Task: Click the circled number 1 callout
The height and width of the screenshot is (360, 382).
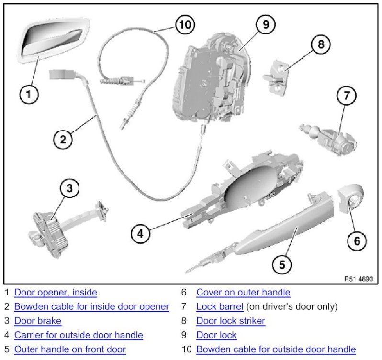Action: [x=29, y=94]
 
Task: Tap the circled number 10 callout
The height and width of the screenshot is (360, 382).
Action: [x=184, y=24]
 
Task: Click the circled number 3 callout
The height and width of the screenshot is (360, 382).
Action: [x=70, y=188]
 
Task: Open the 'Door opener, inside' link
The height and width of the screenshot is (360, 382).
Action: [x=56, y=292]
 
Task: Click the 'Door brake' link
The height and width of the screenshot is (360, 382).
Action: [x=38, y=321]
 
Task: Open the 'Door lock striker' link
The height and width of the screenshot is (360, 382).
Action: [x=231, y=321]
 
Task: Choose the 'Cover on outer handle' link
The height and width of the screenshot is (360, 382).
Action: [x=243, y=292]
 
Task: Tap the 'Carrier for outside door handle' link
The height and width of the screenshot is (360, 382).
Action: [x=79, y=335]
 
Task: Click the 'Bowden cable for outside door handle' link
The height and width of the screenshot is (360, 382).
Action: [x=276, y=349]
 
